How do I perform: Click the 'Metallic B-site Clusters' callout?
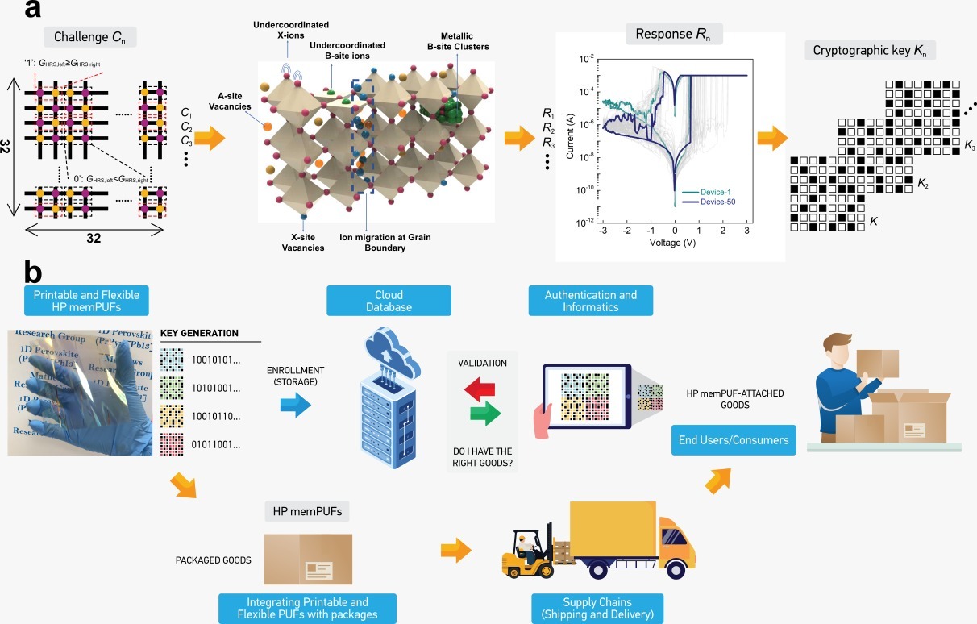point(459,40)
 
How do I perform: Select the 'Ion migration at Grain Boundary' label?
point(372,242)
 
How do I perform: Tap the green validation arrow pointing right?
point(484,414)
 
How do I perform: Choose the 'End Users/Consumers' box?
point(734,440)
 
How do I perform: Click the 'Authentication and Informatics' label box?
point(590,301)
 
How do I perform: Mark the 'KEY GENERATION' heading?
point(199,333)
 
